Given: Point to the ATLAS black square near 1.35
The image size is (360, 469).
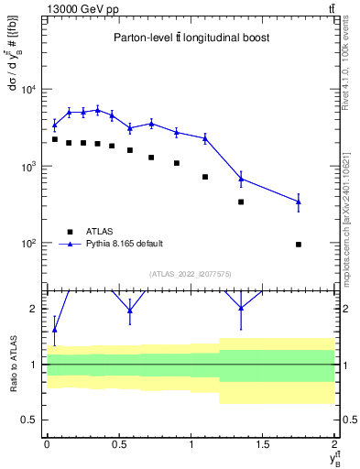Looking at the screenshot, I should (x=241, y=202).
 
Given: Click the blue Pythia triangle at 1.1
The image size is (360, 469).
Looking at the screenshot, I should (x=205, y=138).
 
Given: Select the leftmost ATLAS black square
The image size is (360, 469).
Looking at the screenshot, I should (x=55, y=139).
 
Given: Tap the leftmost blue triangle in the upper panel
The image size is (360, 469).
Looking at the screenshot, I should (x=55, y=125).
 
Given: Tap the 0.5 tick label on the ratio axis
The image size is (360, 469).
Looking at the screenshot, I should (x=31, y=420).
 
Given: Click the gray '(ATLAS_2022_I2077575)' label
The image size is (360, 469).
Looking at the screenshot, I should (x=190, y=273).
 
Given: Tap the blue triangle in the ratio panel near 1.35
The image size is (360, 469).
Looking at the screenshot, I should (x=241, y=308).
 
